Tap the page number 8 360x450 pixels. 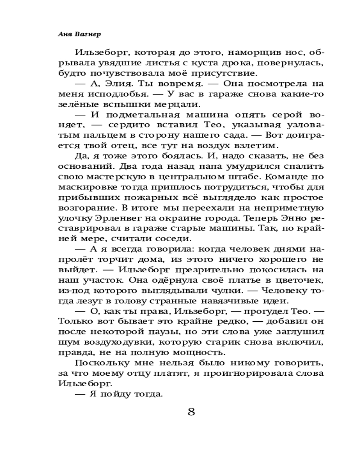[x=191, y=413]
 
